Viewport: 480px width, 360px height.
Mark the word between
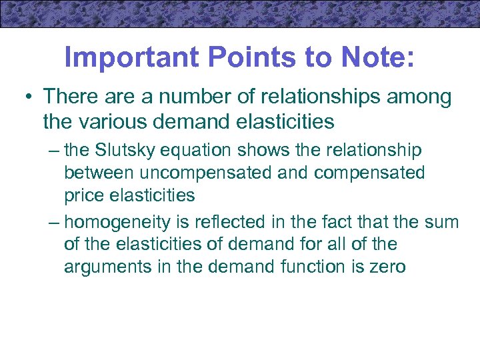98,173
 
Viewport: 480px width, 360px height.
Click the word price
83,195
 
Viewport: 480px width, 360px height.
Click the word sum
441,221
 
